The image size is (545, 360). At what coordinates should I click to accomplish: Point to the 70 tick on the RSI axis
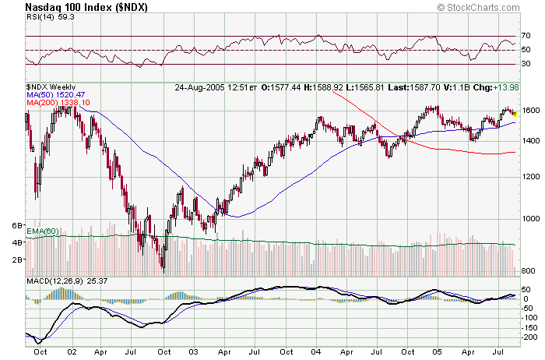pos(526,36)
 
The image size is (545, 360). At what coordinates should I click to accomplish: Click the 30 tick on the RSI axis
pos(526,65)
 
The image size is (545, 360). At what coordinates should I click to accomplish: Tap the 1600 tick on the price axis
pos(530,111)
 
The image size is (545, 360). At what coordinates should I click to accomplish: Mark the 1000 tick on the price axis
pos(530,219)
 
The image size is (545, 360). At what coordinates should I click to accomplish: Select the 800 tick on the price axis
pos(529,270)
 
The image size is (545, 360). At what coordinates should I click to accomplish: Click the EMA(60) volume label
pos(42,231)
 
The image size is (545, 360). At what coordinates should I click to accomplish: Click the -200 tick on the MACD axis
pos(530,337)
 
